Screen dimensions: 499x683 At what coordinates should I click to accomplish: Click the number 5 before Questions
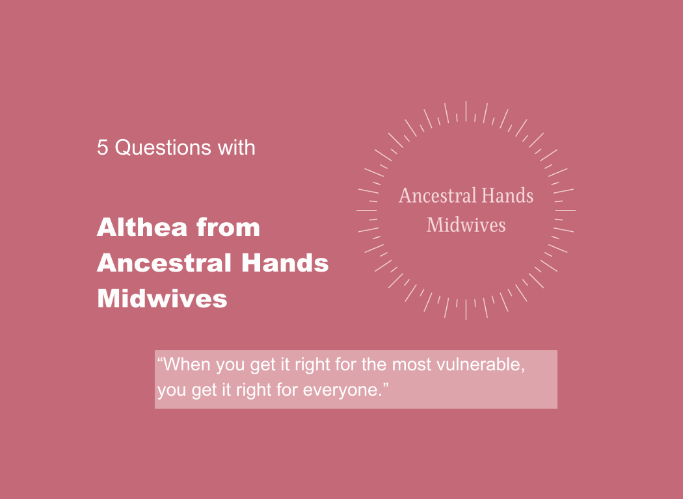coord(102,147)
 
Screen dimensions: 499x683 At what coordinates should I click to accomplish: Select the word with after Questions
coord(236,147)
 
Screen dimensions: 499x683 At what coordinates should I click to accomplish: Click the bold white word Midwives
coord(162,299)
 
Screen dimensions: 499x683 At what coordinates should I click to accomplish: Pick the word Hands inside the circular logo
coord(510,196)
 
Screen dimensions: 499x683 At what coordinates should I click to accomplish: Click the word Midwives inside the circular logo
coord(466,225)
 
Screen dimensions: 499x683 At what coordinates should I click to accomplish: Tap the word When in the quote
coord(187,365)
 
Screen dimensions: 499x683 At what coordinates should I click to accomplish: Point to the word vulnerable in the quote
coord(482,365)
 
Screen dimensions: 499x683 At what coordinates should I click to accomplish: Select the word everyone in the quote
coord(341,392)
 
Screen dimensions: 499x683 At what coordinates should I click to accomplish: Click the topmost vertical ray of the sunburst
coord(466,110)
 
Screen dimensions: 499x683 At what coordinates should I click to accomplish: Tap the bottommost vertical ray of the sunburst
coord(466,310)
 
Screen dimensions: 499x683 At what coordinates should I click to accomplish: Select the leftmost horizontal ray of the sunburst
coord(366,211)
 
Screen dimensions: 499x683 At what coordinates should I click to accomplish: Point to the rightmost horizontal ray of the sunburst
coord(565,211)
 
